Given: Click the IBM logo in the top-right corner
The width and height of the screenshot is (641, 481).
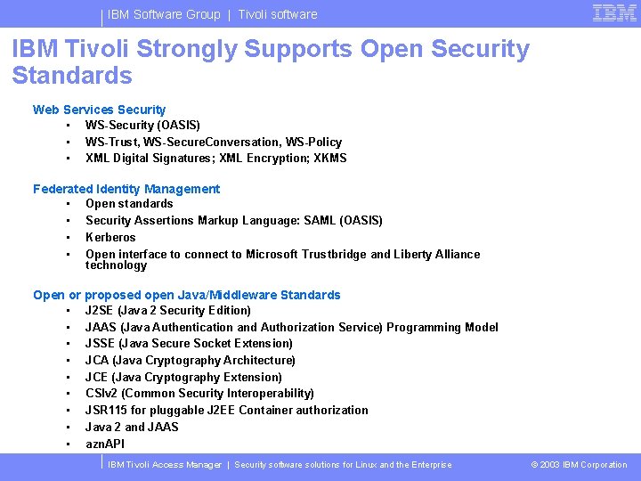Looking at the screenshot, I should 614,13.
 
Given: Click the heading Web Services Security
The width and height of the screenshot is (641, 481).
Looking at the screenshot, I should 99,110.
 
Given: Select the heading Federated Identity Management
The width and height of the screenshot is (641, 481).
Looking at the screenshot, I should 126,189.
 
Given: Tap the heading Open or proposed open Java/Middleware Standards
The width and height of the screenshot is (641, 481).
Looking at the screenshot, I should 187,295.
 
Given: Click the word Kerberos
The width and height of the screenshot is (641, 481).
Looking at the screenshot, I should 110,238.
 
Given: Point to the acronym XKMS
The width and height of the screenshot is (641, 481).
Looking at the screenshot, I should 330,159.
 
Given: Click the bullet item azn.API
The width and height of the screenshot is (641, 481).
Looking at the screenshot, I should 105,444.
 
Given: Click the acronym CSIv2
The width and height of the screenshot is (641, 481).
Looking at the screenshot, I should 101,394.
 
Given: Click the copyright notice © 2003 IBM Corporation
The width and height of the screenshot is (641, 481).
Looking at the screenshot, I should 579,465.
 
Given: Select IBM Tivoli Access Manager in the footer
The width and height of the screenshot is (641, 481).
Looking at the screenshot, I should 165,465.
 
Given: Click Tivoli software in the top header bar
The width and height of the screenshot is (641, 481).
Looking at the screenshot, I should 277,14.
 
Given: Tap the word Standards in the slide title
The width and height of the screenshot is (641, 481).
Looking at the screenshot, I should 72,76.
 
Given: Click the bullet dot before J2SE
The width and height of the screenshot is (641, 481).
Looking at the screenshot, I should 68,311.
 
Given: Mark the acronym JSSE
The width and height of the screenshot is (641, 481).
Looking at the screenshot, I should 101,344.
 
